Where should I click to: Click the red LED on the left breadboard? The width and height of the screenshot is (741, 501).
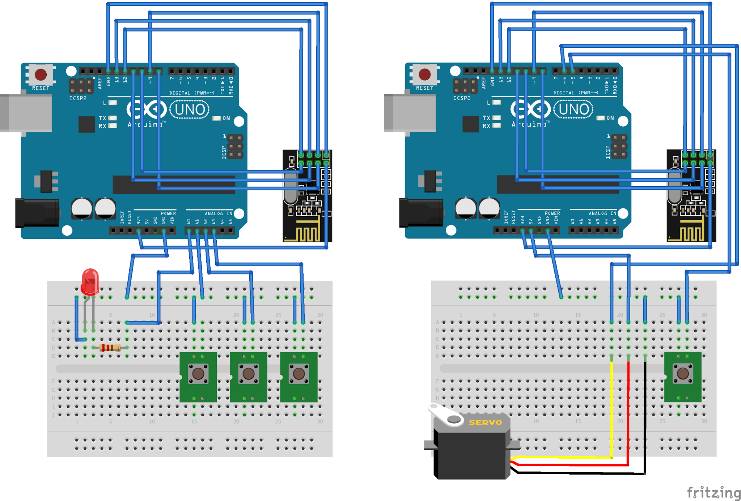coord(90,281)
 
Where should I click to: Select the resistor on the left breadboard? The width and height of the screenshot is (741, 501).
coord(110,348)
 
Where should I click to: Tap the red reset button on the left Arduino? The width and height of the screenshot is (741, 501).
coord(41,75)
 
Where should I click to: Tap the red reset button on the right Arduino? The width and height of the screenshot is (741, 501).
coord(424,75)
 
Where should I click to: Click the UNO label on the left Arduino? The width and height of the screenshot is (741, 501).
coord(190,110)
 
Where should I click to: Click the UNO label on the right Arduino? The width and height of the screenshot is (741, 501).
coord(573,110)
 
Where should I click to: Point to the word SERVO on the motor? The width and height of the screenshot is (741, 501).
coord(485,423)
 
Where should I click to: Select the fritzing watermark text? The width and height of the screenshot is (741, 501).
coord(714,493)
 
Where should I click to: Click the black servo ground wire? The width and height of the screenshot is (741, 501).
coord(645,416)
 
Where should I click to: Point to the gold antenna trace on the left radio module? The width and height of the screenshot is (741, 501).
coord(308,233)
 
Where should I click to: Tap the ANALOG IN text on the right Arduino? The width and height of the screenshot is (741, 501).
coord(602,213)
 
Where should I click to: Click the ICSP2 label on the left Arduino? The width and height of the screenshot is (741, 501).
coord(78,98)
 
